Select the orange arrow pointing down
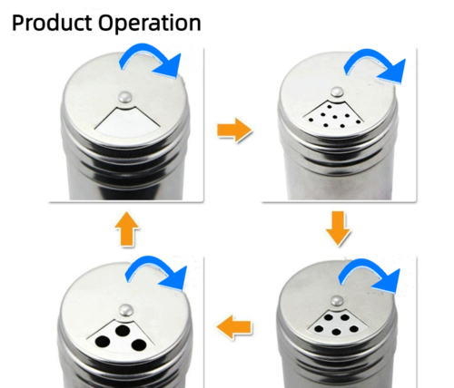click(338, 228)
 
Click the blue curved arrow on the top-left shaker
click(153, 61)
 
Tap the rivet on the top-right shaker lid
click(337, 92)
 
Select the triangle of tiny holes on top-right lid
click(334, 113)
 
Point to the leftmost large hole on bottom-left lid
click(101, 341)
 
